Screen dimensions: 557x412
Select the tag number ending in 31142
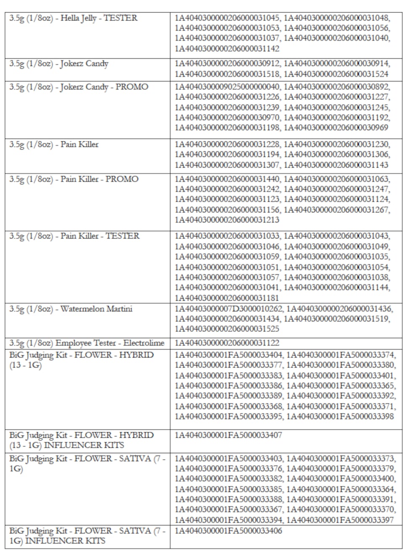pyautogui.click(x=227, y=49)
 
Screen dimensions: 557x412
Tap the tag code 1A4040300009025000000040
pyautogui.click(x=227, y=87)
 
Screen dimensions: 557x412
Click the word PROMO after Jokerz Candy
pyautogui.click(x=132, y=87)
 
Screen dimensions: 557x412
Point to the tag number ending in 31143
pyautogui.click(x=336, y=165)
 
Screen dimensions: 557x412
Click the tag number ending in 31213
pyautogui.click(x=227, y=220)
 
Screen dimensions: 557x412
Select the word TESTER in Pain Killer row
pyautogui.click(x=122, y=236)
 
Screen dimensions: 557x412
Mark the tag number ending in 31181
pyautogui.click(x=227, y=298)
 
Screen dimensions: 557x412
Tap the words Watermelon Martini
pyautogui.click(x=96, y=309)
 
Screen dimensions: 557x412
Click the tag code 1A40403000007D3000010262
pyautogui.click(x=229, y=309)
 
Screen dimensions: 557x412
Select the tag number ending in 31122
pyautogui.click(x=227, y=343)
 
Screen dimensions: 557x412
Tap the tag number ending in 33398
pyautogui.click(x=341, y=416)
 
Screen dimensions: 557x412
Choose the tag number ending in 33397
pyautogui.click(x=341, y=520)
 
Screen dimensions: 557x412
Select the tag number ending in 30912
pyautogui.click(x=227, y=64)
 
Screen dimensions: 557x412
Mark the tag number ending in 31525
pyautogui.click(x=227, y=329)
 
